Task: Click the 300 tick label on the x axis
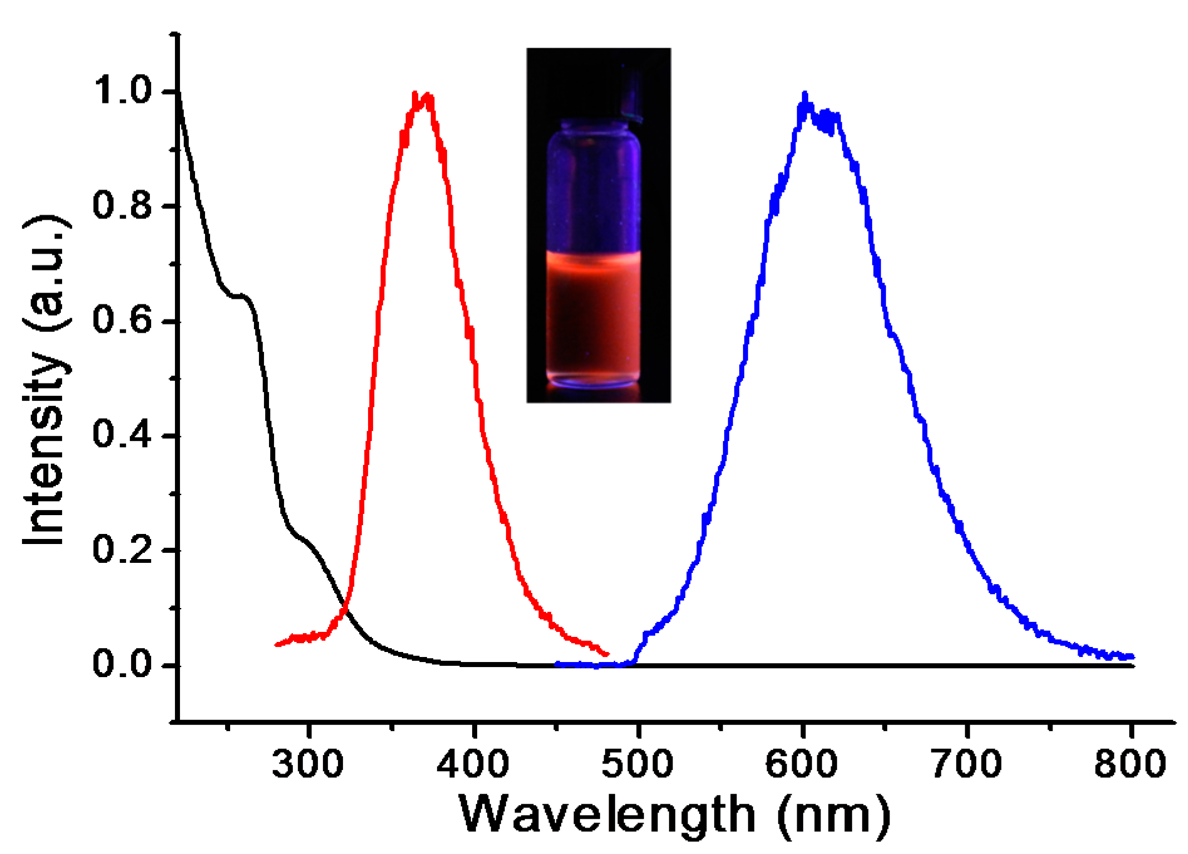(x=307, y=764)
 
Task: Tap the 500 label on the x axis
(x=638, y=764)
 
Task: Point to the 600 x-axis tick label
(x=802, y=764)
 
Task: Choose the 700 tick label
(x=967, y=764)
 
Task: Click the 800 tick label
(x=1130, y=764)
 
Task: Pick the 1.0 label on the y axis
(x=123, y=90)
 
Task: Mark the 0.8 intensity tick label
(x=123, y=205)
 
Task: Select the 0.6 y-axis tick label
(x=123, y=320)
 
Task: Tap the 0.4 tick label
(x=123, y=435)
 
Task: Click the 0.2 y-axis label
(x=123, y=550)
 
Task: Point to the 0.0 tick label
(x=123, y=665)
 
